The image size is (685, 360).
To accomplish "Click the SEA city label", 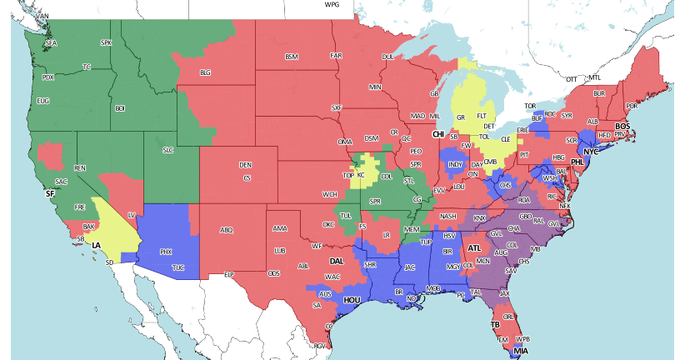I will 50,42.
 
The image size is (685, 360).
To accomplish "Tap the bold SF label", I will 50,193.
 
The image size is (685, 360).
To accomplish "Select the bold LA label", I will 96,245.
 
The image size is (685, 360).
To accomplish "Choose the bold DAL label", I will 336,262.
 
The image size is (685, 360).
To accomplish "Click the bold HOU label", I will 352,299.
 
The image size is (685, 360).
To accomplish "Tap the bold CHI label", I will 437,134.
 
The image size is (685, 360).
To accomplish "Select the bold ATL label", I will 474,247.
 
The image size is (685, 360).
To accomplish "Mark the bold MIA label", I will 520,351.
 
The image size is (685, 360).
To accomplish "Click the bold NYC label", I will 590,152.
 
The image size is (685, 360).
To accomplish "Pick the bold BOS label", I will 622,126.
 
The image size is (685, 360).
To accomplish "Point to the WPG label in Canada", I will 332,4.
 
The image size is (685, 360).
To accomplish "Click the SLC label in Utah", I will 167,150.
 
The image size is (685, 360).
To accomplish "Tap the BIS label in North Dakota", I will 291,57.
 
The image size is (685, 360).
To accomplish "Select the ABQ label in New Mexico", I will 226,230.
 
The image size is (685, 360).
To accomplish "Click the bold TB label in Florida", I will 495,324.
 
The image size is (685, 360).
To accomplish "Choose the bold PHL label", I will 577,164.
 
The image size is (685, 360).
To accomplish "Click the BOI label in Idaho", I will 120,108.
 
